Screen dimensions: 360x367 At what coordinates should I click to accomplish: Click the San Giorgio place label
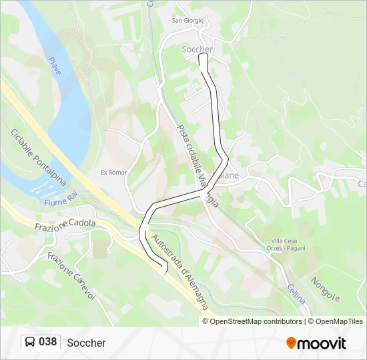pyautogui.click(x=188, y=20)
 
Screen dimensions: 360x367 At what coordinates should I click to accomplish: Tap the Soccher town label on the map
pyautogui.click(x=197, y=49)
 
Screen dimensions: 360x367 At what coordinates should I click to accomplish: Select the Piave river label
pyautogui.click(x=55, y=66)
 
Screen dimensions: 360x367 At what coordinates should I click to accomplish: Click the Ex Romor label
pyautogui.click(x=113, y=172)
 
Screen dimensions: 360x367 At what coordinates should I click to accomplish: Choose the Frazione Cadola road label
pyautogui.click(x=65, y=225)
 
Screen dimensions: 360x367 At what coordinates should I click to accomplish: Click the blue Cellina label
pyautogui.click(x=297, y=293)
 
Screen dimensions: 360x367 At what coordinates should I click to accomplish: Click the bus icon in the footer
pyautogui.click(x=30, y=342)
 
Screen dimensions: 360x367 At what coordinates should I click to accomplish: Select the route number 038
pyautogui.click(x=47, y=342)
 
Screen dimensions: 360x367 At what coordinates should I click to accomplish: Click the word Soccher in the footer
pyautogui.click(x=86, y=343)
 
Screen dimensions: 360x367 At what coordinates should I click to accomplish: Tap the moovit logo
pyautogui.click(x=316, y=343)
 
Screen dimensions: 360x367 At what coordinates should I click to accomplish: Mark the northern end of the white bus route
pyautogui.click(x=203, y=58)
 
